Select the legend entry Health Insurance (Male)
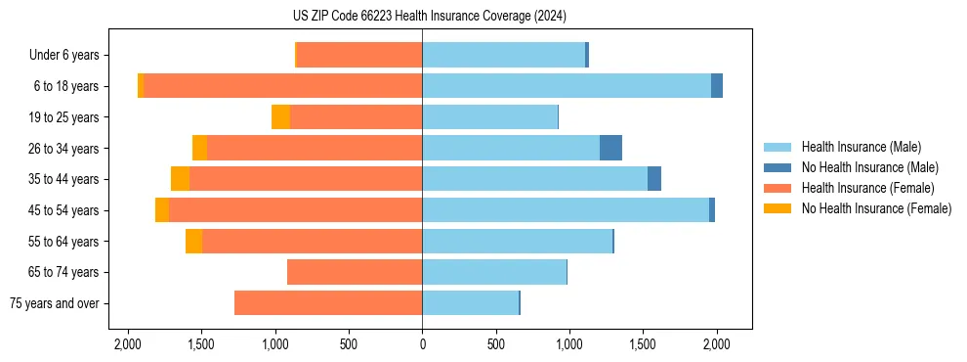861,147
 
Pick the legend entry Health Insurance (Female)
866,188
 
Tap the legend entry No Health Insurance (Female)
875,208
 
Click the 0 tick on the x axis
422,344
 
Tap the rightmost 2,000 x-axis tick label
717,344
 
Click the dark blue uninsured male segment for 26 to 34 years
610,148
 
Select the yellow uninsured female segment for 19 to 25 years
280,117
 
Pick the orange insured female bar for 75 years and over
328,303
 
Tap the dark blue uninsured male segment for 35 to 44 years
654,179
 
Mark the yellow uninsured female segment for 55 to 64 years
193,242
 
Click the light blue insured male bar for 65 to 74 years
494,272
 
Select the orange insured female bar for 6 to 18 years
283,86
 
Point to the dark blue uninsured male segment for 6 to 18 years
717,86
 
